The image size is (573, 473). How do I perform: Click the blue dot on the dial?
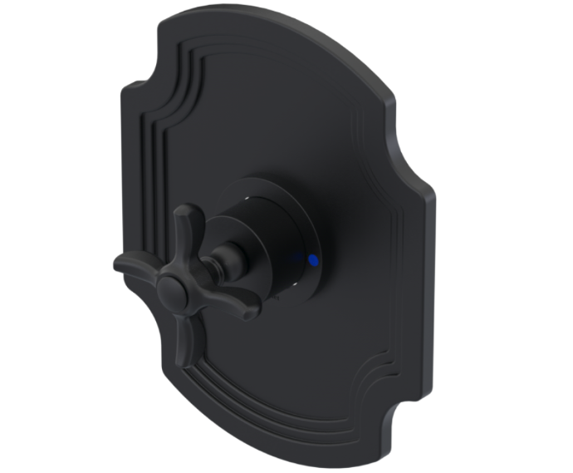(x=312, y=260)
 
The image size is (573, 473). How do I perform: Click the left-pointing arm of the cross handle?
(x=133, y=265)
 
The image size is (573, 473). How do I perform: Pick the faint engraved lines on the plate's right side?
(x=390, y=249)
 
